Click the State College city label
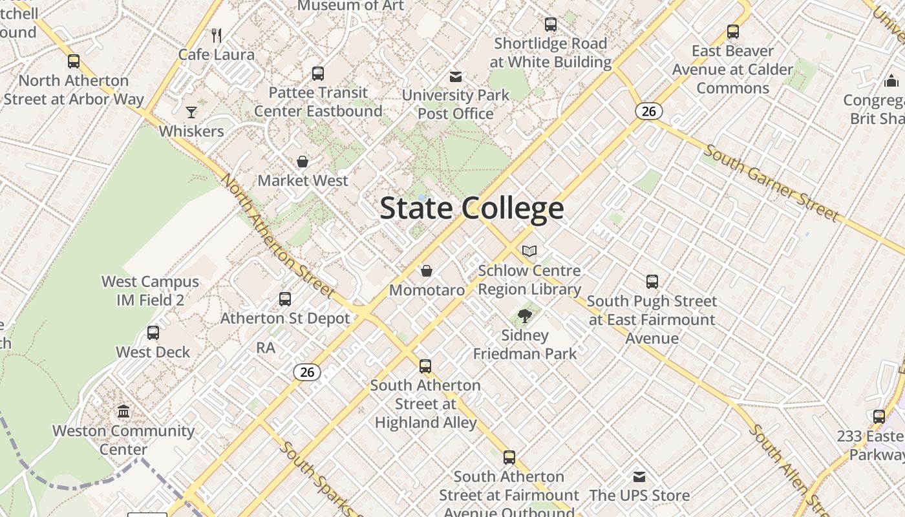[x=472, y=208]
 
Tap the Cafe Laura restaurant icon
[x=217, y=35]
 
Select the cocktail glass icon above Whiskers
[x=191, y=112]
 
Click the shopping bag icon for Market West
[x=303, y=161]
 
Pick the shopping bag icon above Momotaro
[x=427, y=270]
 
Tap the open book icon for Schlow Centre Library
[x=529, y=251]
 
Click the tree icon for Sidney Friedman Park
[x=525, y=316]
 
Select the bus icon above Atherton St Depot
[x=285, y=299]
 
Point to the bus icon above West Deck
[x=153, y=333]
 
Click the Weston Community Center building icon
[x=123, y=411]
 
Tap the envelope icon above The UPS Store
[x=639, y=477]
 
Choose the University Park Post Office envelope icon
[x=456, y=77]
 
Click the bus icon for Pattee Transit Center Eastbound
[x=318, y=74]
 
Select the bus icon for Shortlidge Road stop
[x=551, y=25]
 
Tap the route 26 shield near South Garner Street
[x=649, y=111]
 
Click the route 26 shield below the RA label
[x=307, y=372]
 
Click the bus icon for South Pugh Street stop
[x=652, y=282]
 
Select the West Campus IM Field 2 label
[x=151, y=291]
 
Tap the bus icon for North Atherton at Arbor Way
[x=74, y=61]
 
